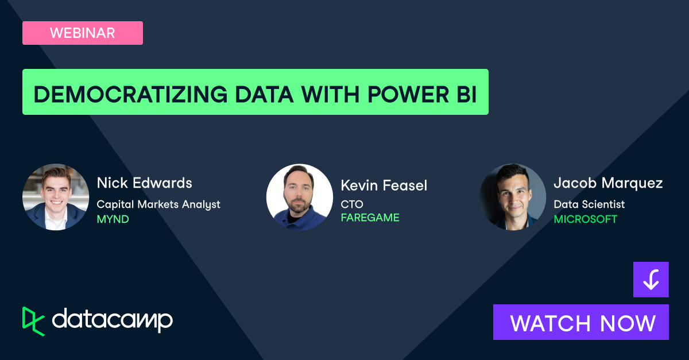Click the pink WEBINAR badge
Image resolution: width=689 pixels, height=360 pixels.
click(x=82, y=33)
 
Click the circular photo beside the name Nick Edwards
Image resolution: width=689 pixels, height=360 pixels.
click(x=56, y=197)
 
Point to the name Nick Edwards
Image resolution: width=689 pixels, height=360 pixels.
click(x=144, y=183)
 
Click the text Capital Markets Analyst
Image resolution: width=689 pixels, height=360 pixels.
click(x=158, y=204)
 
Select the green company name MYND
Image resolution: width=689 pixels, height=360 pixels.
click(x=113, y=219)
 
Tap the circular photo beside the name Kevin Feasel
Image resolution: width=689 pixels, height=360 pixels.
click(x=300, y=198)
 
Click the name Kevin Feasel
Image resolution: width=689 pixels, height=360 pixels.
click(x=384, y=185)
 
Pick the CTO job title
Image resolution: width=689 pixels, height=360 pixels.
click(x=351, y=204)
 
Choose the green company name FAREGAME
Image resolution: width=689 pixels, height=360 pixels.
click(x=370, y=218)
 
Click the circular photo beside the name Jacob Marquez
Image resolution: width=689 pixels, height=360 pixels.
click(x=513, y=197)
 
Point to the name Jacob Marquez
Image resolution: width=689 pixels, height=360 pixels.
click(x=608, y=183)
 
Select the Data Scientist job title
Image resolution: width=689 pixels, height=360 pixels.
click(x=589, y=204)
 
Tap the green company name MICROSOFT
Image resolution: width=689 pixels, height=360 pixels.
click(x=585, y=219)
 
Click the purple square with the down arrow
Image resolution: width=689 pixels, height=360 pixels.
click(x=651, y=280)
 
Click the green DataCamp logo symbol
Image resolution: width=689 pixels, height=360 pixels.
click(x=33, y=320)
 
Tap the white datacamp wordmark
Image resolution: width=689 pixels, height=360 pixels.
click(x=113, y=320)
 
